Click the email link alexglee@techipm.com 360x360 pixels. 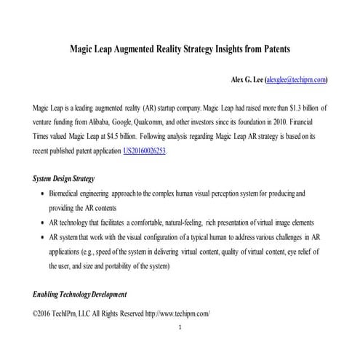[297, 80]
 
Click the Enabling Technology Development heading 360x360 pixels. [80, 295]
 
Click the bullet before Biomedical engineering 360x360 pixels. [40, 194]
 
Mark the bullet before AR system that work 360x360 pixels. [40, 238]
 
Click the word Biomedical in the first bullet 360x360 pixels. [67, 194]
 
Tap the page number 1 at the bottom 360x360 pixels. [180, 327]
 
